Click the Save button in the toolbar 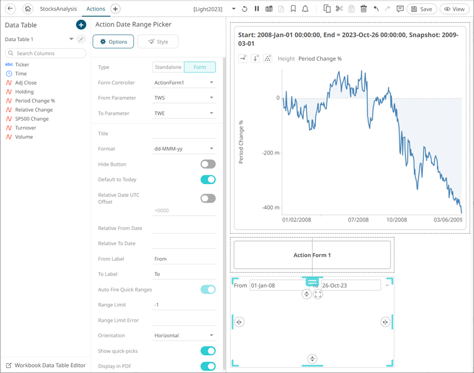422,9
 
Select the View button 454,9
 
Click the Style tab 158,41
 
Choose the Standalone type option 168,67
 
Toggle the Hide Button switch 208,164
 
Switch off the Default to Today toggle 208,180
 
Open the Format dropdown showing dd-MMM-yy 183,149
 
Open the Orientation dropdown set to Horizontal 183,336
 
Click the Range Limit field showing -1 183,305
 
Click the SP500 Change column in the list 32,119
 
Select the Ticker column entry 22,65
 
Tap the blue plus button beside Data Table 81,24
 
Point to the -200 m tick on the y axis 270,153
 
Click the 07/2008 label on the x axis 358,220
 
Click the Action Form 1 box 312,255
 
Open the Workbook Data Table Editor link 49,365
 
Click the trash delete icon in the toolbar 363,9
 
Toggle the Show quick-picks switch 208,351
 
